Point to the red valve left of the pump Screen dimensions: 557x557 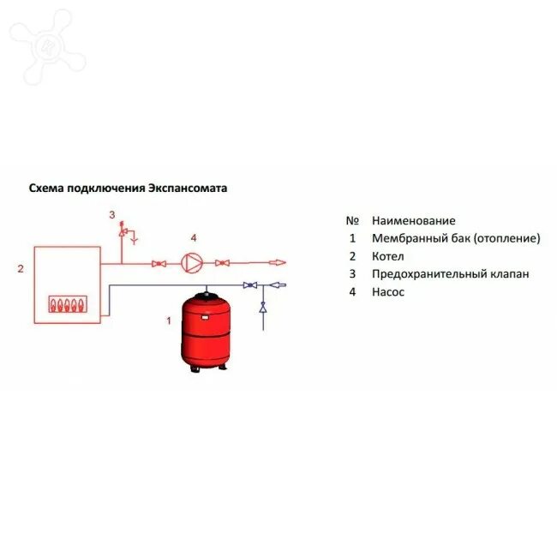coord(159,263)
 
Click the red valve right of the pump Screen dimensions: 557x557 coord(222,263)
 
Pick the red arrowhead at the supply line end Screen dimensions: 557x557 coord(279,263)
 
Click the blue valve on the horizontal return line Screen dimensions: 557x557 coord(249,284)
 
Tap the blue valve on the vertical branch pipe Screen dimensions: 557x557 coord(263,307)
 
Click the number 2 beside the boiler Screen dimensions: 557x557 coord(20,269)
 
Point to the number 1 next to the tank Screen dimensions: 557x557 coord(169,320)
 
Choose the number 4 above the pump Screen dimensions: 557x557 coord(194,237)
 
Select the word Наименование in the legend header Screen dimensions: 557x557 coord(414,220)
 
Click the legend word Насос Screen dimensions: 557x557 coord(388,292)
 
